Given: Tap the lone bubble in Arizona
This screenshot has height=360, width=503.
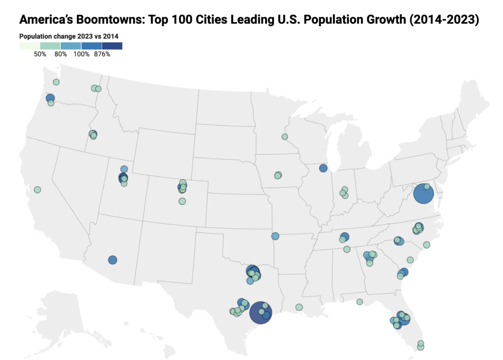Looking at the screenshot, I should [x=112, y=260].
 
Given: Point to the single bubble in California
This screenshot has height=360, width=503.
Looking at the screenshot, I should [x=37, y=190].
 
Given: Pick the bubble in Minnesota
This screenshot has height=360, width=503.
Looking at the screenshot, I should [x=284, y=137].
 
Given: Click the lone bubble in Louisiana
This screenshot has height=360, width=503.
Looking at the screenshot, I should [x=299, y=307].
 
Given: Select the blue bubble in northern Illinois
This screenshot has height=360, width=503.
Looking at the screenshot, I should [x=323, y=168].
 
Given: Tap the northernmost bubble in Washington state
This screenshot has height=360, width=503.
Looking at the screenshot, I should [x=56, y=82].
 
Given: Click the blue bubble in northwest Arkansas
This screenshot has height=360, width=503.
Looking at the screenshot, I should [x=275, y=236].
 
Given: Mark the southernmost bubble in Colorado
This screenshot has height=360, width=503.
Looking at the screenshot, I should [x=182, y=201].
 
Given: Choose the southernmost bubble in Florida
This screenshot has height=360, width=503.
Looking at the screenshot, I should [x=420, y=347].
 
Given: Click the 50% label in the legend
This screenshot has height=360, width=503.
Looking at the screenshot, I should [x=40, y=54].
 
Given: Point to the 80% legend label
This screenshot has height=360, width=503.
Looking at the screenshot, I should [x=61, y=54].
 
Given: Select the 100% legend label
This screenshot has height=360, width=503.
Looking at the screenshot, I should [x=82, y=54].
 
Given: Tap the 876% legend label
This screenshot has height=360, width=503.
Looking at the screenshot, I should [x=102, y=54].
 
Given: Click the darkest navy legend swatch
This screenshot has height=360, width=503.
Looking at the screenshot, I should [x=112, y=46].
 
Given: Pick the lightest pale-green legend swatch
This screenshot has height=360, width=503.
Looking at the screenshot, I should [x=29, y=46].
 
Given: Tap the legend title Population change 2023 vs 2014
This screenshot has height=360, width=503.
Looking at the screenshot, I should [x=69, y=36].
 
